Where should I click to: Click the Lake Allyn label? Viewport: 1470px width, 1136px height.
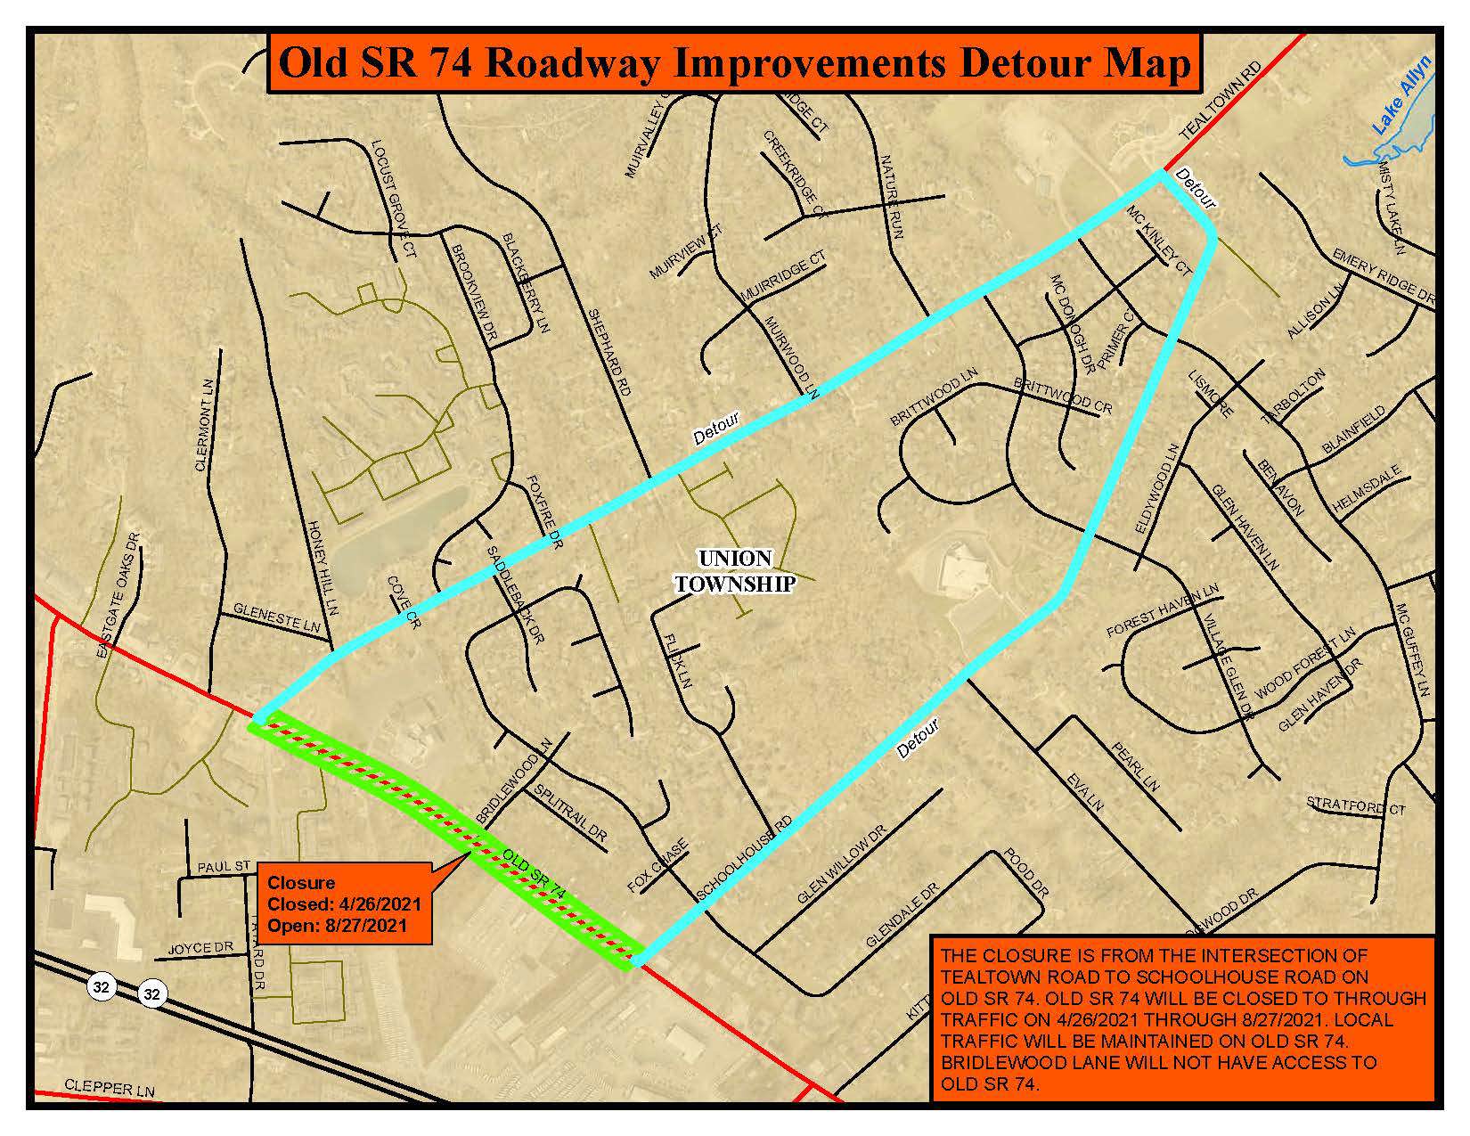click(1401, 96)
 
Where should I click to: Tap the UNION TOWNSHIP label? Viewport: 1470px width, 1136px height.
click(735, 571)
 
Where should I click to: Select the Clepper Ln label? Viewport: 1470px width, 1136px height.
click(110, 1090)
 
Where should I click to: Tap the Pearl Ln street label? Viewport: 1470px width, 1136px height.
click(1136, 767)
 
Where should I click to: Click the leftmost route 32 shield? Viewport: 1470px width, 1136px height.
click(102, 986)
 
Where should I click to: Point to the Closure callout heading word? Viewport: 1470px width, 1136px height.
click(301, 882)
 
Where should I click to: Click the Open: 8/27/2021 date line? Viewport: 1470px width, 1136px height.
click(338, 924)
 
